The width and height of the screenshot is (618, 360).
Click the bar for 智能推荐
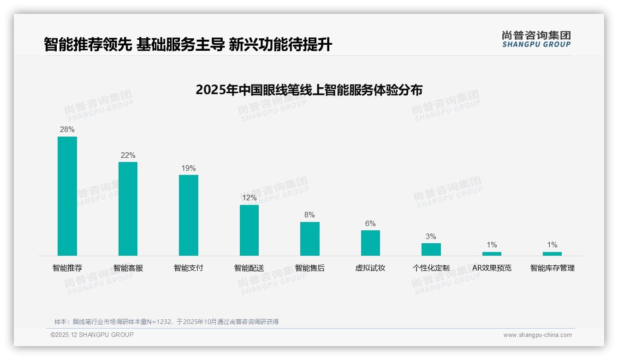[x=67, y=196]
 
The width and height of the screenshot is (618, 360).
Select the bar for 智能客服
[x=128, y=209]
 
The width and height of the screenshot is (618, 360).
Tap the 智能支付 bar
[x=189, y=215]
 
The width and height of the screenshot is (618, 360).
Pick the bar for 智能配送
[x=249, y=230]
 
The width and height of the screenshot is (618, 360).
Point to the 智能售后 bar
[x=309, y=239]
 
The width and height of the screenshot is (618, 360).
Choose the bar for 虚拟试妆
[x=370, y=243]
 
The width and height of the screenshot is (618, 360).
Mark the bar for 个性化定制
[x=431, y=249]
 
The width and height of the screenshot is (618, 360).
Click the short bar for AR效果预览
[x=492, y=253]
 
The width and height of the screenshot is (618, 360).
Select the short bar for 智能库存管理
[x=552, y=253]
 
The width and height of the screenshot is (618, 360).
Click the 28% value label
[x=67, y=130]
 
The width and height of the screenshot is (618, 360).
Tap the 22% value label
[x=128, y=155]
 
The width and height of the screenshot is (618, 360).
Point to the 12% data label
[x=249, y=198]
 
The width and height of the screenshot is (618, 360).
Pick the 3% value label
[x=431, y=236]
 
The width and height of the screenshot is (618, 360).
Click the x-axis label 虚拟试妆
[x=370, y=268]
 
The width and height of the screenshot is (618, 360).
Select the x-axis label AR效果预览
[x=492, y=268]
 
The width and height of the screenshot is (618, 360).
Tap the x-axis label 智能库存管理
[x=552, y=268]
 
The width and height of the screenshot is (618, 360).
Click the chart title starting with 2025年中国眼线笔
[x=309, y=90]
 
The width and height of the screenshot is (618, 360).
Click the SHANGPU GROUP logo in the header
[x=536, y=39]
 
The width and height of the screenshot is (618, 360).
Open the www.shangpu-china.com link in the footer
[x=537, y=335]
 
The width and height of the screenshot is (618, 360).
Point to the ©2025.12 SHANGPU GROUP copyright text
[x=92, y=335]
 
